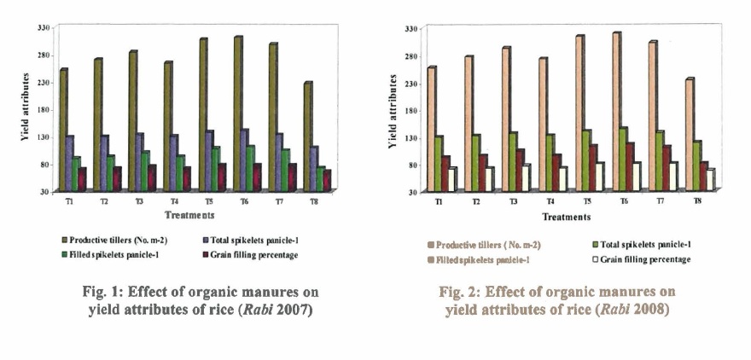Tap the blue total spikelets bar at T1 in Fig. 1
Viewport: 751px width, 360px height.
coord(70,162)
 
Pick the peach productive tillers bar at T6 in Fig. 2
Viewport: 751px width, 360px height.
coord(616,111)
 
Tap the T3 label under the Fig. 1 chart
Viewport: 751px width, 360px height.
coord(138,202)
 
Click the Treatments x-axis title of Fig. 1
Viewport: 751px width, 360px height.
coord(189,214)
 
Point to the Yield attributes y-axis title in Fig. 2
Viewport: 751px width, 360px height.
coord(393,110)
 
